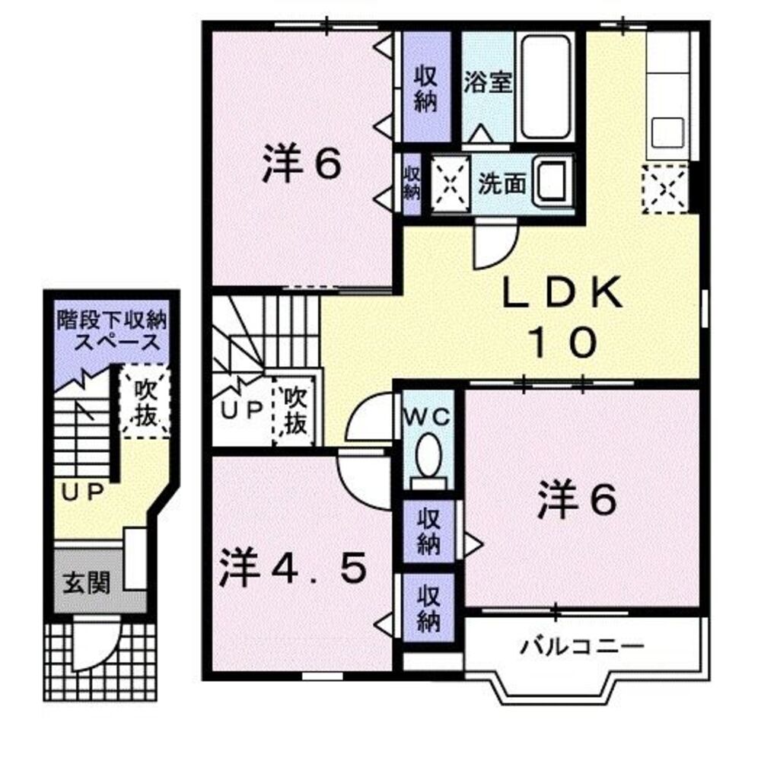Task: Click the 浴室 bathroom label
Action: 487,82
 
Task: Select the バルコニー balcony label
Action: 583,648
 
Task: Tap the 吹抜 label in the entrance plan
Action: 145,403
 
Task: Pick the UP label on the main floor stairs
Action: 242,409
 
